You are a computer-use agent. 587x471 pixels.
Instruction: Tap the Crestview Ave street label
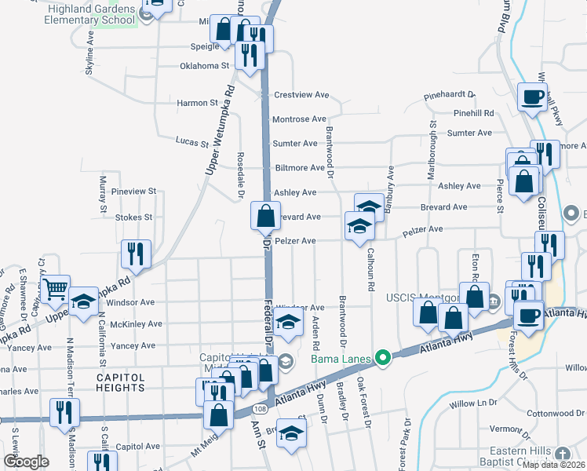301,95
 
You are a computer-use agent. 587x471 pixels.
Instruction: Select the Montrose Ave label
298,119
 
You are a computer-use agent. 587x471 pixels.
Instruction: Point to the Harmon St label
197,103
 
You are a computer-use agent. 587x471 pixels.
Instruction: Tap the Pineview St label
134,191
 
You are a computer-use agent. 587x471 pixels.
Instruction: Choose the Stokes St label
133,217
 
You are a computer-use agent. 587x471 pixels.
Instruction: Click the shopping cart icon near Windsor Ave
55,290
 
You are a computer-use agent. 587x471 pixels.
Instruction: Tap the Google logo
25,462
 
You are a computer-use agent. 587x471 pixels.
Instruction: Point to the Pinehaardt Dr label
449,94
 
